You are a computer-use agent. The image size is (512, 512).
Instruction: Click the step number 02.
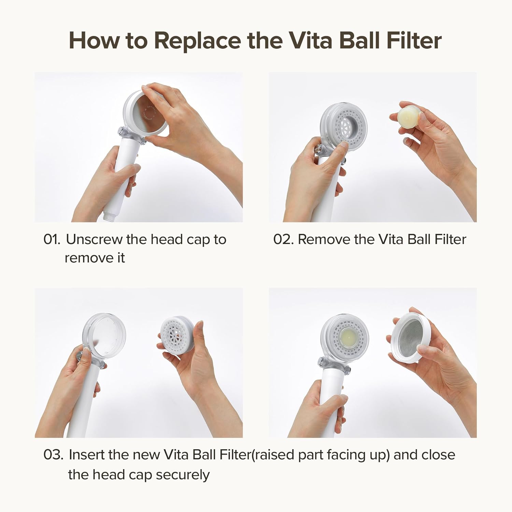click(283, 240)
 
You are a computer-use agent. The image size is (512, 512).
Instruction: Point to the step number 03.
click(53, 455)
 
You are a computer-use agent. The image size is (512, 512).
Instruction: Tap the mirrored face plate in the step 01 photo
click(146, 113)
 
